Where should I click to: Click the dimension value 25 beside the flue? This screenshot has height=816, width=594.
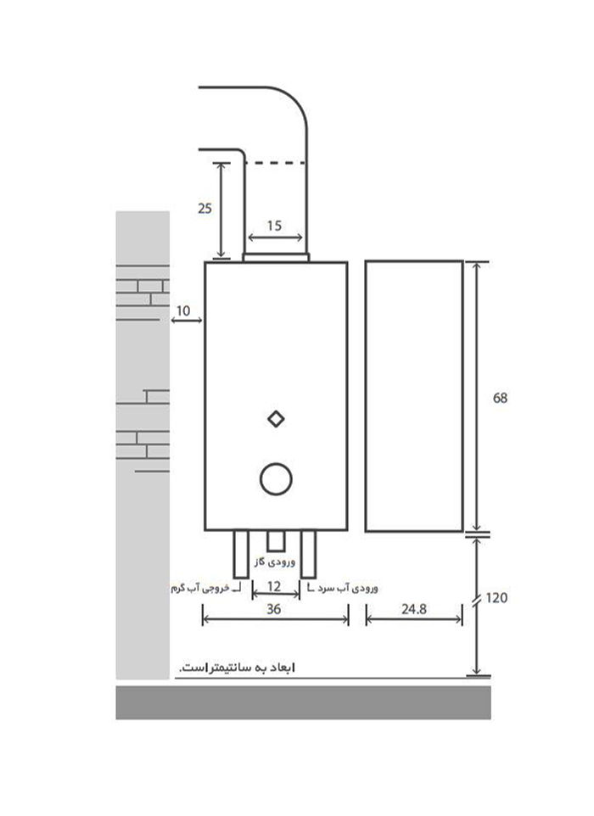pyautogui.click(x=205, y=208)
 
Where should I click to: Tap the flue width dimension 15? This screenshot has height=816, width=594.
pyautogui.click(x=274, y=226)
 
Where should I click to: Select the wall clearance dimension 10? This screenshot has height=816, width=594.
pyautogui.click(x=183, y=310)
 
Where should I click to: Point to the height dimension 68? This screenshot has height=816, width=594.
pyautogui.click(x=500, y=398)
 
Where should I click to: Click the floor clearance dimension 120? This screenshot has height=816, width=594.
pyautogui.click(x=496, y=598)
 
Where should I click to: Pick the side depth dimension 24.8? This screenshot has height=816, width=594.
pyautogui.click(x=414, y=609)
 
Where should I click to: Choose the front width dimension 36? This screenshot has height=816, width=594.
pyautogui.click(x=274, y=609)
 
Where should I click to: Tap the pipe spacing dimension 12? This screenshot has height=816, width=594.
pyautogui.click(x=274, y=586)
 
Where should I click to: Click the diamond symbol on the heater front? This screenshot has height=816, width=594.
pyautogui.click(x=276, y=419)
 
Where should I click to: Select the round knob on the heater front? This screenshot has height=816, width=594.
pyautogui.click(x=276, y=478)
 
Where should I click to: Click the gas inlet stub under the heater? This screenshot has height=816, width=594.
pyautogui.click(x=276, y=541)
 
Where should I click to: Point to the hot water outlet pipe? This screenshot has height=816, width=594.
pyautogui.click(x=241, y=554)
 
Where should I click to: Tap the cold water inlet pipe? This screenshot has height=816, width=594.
pyautogui.click(x=308, y=554)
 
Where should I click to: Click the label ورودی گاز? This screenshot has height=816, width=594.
pyautogui.click(x=275, y=562)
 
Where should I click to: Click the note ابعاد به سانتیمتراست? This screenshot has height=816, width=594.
pyautogui.click(x=237, y=668)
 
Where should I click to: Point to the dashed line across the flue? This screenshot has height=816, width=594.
pyautogui.click(x=275, y=163)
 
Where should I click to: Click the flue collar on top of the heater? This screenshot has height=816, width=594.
pyautogui.click(x=276, y=258)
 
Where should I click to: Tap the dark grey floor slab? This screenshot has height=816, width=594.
pyautogui.click(x=303, y=702)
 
